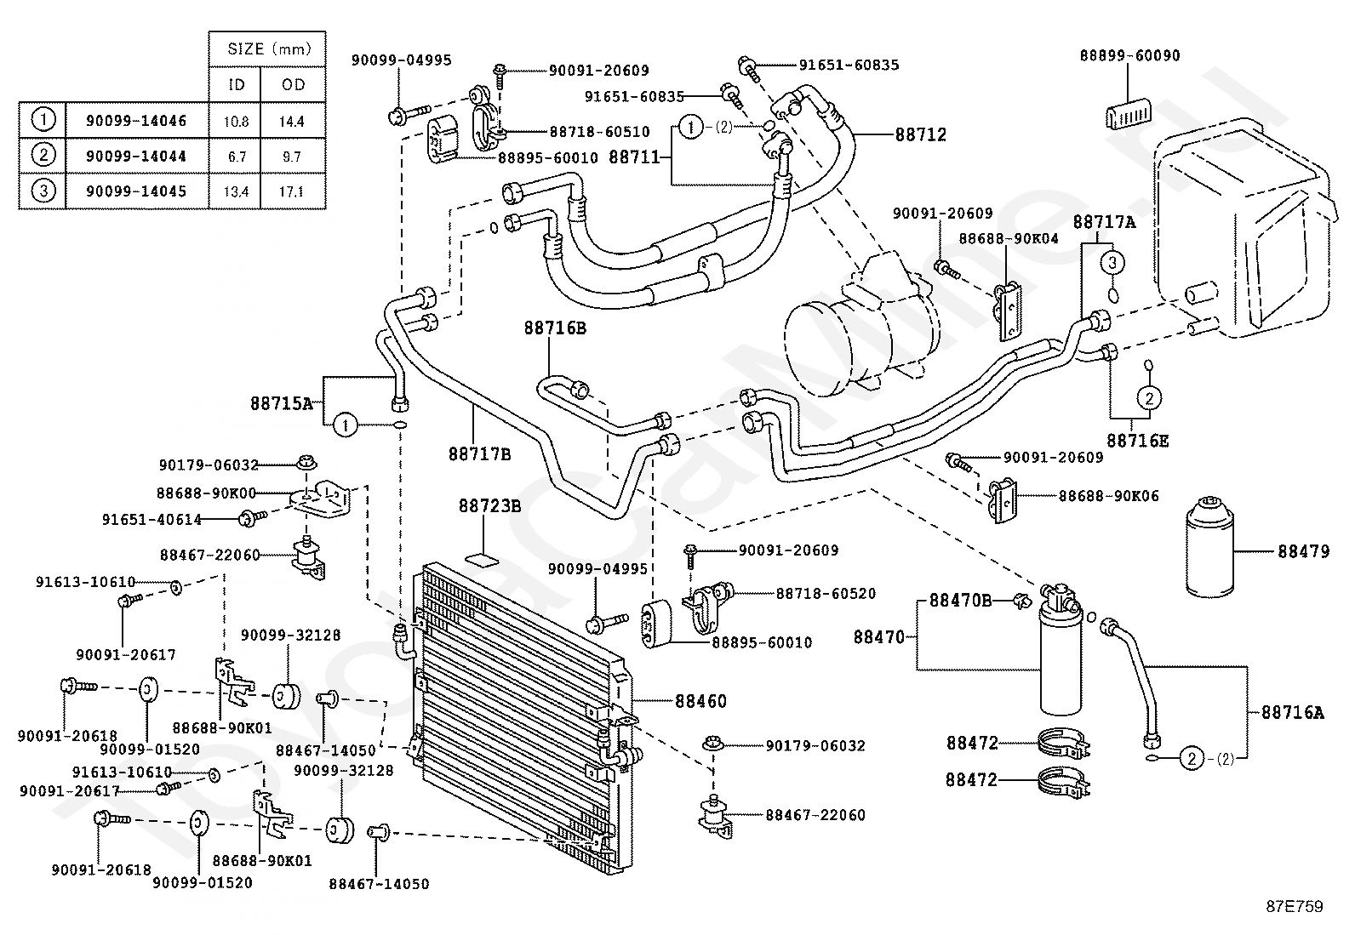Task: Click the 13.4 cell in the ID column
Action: pos(235,191)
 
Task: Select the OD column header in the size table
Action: pos(294,85)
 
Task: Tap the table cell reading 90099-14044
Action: pos(136,156)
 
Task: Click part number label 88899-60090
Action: pos(1129,55)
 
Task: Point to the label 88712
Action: pos(921,134)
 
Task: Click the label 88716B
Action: pos(555,328)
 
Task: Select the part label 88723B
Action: pos(489,505)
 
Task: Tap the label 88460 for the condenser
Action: pos(700,701)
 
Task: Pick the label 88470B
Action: pos(961,600)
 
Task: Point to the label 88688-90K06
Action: pos(1109,496)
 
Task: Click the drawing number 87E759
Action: pos(1295,907)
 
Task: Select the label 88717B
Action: pos(480,453)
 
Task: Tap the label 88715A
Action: pos(282,403)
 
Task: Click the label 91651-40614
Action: pos(152,520)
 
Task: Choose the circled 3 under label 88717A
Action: pos(1112,263)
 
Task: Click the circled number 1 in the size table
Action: pos(43,120)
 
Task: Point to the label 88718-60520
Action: pos(826,593)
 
